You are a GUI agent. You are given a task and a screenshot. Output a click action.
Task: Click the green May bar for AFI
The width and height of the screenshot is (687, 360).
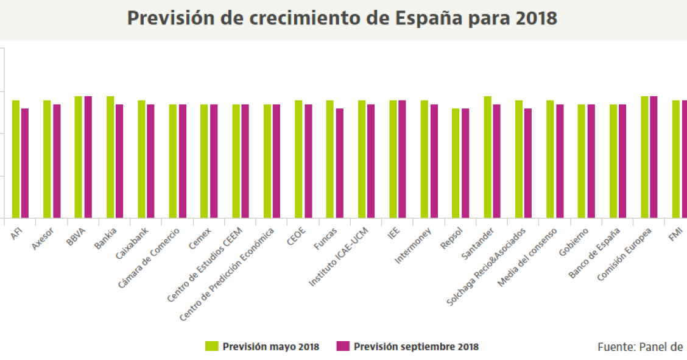coord(16,159)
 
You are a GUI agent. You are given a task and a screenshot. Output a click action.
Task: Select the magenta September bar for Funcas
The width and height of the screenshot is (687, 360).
coord(340,163)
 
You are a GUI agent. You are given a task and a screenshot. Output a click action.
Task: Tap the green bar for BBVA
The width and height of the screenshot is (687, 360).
coord(79,157)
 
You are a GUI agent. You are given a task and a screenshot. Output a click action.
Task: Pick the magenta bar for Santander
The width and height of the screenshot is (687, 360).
coord(497,161)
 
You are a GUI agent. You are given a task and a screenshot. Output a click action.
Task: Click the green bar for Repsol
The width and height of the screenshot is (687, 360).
coord(456,163)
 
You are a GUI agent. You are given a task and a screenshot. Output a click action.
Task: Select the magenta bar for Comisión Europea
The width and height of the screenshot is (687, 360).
coord(654,157)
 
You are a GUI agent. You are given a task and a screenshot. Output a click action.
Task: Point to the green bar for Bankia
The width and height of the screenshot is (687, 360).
coord(110,157)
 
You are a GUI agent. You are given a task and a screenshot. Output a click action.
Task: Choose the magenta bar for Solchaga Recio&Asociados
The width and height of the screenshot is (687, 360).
coord(528,163)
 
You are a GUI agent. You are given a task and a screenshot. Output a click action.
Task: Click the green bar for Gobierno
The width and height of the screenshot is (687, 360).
coord(582,161)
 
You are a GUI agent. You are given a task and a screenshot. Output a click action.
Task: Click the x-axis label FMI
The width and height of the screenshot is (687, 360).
coord(675,235)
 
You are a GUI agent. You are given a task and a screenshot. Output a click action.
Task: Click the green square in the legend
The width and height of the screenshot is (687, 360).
coord(211,347)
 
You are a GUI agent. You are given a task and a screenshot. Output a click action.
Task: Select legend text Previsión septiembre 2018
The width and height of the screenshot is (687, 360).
coord(416,347)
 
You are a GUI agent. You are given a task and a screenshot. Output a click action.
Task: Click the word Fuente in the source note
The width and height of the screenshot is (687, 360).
coord(615,347)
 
